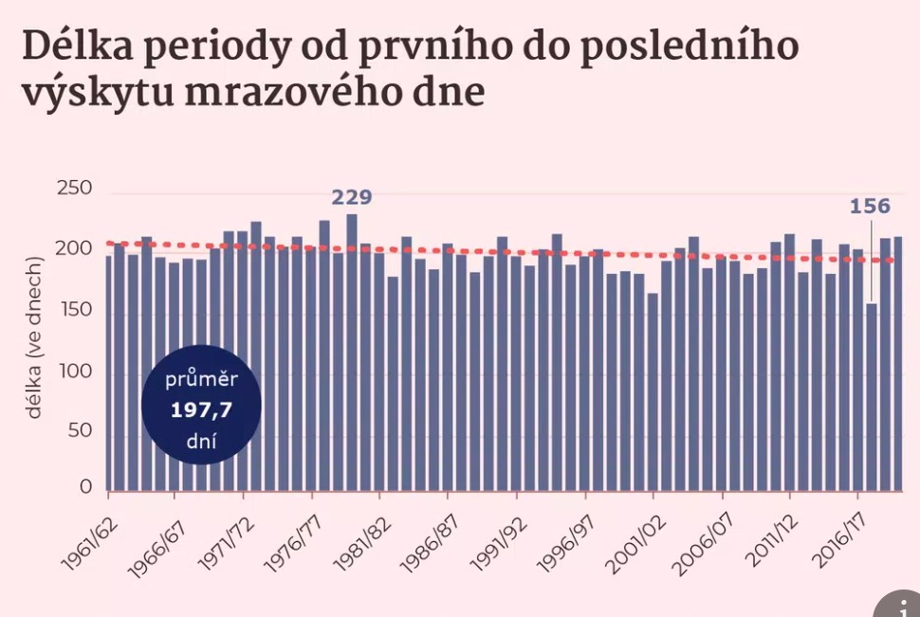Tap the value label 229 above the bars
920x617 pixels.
[351, 198]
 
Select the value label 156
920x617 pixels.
[870, 207]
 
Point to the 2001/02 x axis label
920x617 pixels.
[630, 535]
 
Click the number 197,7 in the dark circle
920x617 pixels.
[201, 410]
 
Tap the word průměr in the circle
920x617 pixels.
[201, 382]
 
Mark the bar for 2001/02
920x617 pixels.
[653, 392]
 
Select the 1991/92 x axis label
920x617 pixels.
[493, 535]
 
